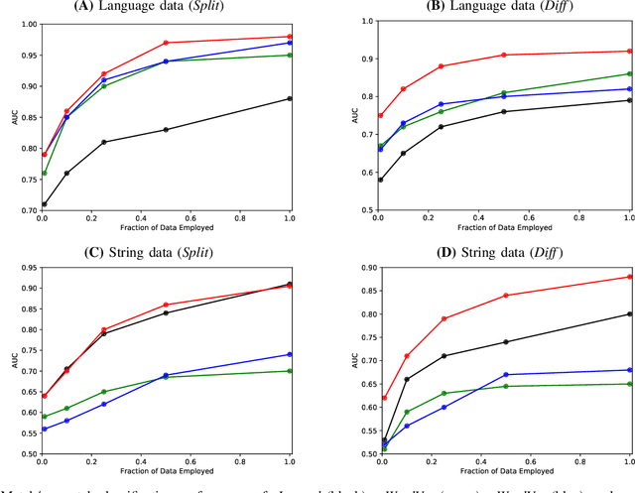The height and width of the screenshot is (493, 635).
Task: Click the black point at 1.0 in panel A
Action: click(x=289, y=98)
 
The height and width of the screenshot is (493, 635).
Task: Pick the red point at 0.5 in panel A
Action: click(x=166, y=43)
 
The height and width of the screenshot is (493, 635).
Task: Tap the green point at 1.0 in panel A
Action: click(x=289, y=55)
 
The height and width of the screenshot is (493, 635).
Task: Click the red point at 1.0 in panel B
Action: click(x=630, y=51)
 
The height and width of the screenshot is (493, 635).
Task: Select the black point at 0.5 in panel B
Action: click(x=504, y=111)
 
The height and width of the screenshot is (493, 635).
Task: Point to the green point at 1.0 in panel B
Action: click(x=630, y=73)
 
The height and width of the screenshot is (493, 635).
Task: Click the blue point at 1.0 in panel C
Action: click(x=289, y=354)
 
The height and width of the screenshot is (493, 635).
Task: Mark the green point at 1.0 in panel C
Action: click(x=289, y=371)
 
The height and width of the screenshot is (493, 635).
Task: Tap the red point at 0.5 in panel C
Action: click(x=166, y=305)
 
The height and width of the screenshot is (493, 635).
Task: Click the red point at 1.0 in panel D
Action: click(x=630, y=277)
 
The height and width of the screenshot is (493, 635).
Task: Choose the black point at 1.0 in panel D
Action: click(x=630, y=314)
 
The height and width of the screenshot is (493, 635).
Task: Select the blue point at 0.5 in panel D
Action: click(x=505, y=375)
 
